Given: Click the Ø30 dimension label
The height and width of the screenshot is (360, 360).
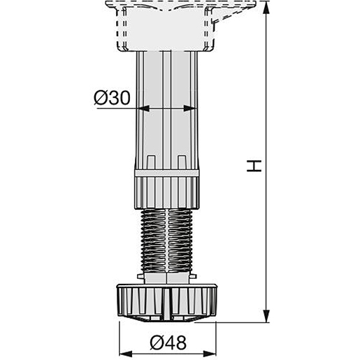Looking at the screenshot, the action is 112,98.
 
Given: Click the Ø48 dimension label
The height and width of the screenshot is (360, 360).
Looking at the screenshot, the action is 168,343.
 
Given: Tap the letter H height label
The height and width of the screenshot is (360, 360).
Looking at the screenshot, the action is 254,166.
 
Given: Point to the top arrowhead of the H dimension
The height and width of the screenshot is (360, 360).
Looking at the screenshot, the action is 266,8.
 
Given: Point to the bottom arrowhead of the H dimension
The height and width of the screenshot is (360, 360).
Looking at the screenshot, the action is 266,316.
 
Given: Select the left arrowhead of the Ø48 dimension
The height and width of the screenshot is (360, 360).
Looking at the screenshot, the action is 126,354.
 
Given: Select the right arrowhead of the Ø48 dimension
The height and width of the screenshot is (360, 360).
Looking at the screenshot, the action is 210,354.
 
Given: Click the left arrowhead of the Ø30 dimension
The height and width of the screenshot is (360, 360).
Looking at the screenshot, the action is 143,108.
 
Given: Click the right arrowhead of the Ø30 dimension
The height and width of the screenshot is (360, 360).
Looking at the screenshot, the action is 190,108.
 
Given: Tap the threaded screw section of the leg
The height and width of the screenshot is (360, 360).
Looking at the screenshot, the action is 167,240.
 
